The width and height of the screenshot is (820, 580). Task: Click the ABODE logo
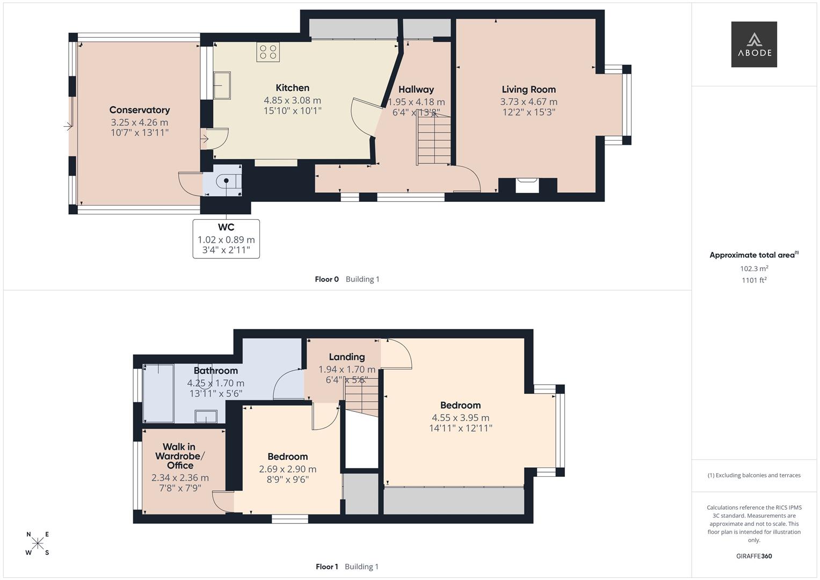pos(753,45)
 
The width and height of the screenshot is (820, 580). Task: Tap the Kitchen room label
pos(292,88)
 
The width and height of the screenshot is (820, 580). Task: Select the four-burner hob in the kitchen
pos(268,52)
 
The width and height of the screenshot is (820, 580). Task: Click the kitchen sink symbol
pos(222,85)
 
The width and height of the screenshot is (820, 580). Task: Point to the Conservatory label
pos(140,110)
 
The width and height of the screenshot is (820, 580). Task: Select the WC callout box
pos(226,238)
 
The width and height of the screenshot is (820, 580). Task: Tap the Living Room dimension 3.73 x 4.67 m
pos(528,102)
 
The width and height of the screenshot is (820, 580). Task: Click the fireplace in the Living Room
pos(526,185)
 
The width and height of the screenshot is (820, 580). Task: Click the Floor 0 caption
pos(326,279)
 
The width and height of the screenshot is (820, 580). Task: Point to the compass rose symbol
pos(38,543)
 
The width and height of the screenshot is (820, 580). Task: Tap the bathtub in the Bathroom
pos(158,393)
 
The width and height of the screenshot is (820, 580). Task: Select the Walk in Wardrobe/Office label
pos(179,456)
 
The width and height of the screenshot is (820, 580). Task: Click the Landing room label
pos(346,357)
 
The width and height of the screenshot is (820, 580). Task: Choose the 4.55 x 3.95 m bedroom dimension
pos(460,418)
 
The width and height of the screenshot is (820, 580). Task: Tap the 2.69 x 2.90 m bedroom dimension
pos(287,469)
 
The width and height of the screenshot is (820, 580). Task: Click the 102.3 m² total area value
pos(753,269)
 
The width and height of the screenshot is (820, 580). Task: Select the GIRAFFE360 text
pos(753,556)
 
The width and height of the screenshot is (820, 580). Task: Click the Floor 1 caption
pos(326,567)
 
